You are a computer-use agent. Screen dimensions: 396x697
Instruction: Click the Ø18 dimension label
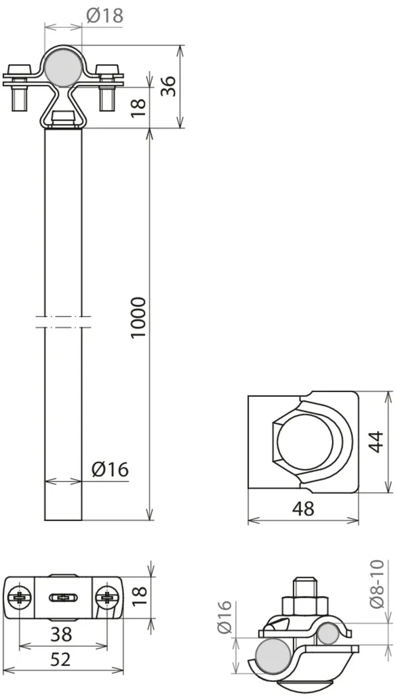pyautogui.click(x=104, y=16)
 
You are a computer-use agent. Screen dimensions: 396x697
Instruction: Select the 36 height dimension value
pyautogui.click(x=169, y=86)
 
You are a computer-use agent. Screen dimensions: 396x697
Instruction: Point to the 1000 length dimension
pyautogui.click(x=138, y=318)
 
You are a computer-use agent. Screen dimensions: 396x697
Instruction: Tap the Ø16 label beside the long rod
pyautogui.click(x=111, y=469)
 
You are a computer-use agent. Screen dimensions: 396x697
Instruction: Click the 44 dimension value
pyautogui.click(x=376, y=442)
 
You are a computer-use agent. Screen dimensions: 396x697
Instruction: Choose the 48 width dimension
pyautogui.click(x=303, y=509)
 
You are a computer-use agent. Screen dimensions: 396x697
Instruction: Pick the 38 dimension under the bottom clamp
pyautogui.click(x=61, y=635)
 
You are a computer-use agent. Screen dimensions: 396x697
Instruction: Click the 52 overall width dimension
pyautogui.click(x=60, y=660)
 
